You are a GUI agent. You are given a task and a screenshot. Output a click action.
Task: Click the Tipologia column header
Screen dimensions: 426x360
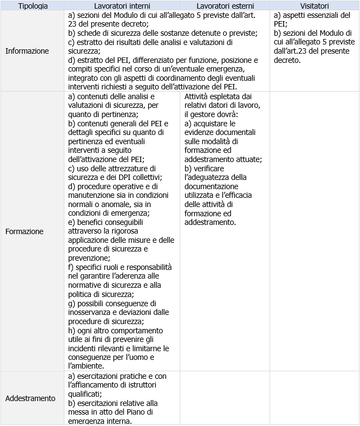[x=33, y=6]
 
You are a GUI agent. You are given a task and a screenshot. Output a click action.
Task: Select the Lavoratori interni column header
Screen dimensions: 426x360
[x=122, y=6]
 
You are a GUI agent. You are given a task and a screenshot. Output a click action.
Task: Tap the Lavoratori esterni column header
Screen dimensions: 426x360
[x=225, y=6]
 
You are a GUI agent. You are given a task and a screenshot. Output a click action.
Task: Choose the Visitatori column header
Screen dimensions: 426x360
[x=315, y=6]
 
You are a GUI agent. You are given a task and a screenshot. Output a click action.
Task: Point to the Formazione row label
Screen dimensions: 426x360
[x=24, y=231]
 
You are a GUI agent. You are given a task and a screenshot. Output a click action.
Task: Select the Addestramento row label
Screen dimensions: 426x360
[x=30, y=398]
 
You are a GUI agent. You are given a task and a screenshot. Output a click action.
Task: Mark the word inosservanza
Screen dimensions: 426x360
[x=93, y=312]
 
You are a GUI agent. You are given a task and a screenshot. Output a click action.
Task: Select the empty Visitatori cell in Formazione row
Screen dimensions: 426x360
[x=315, y=231]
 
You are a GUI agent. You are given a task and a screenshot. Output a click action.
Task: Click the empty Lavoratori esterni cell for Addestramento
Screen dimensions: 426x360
[x=225, y=398]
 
